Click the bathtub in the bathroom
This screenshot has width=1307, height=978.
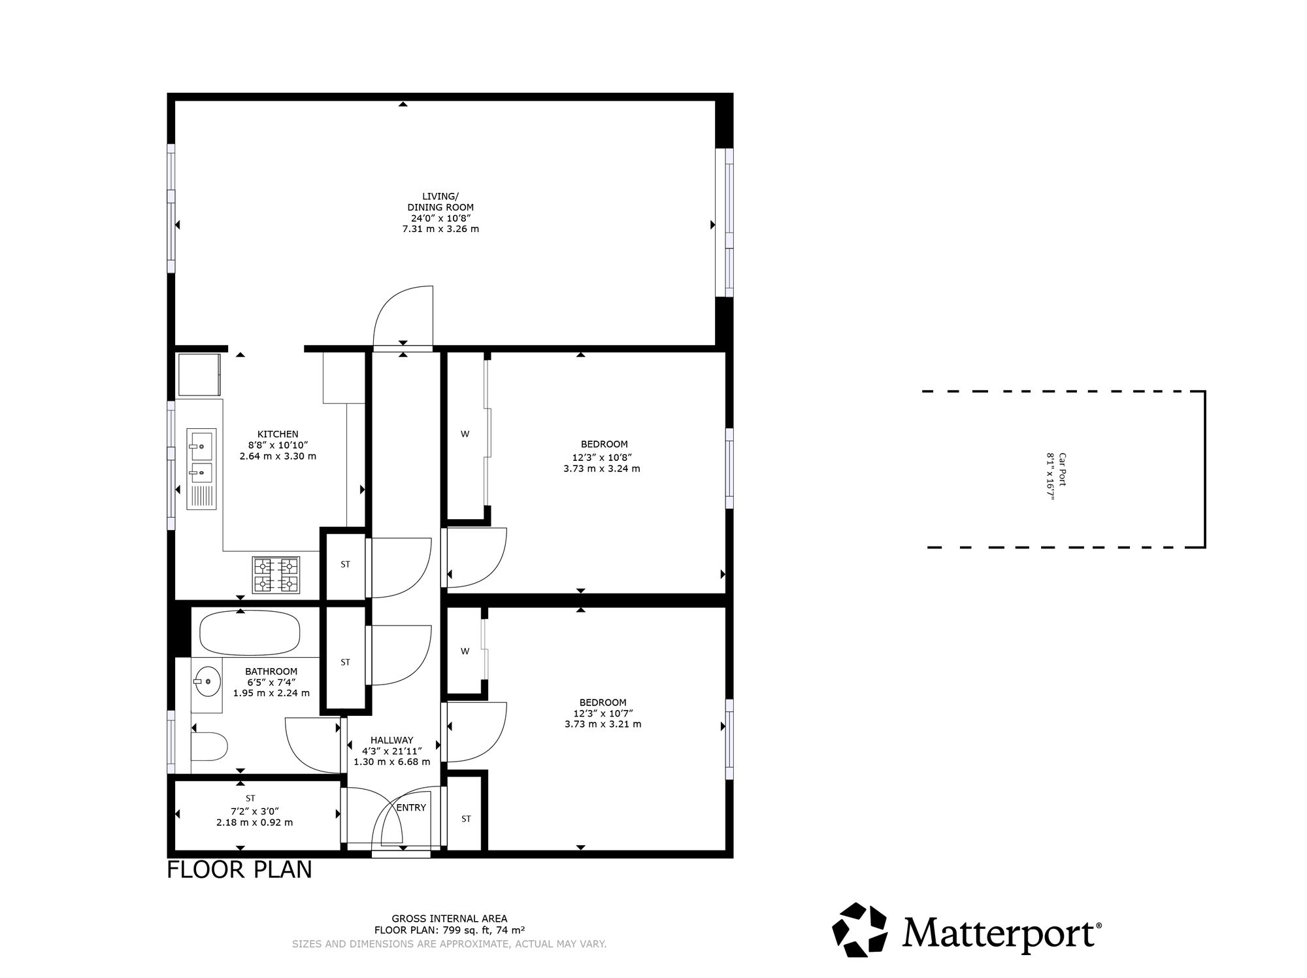(249, 633)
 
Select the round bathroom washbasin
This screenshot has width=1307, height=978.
(207, 682)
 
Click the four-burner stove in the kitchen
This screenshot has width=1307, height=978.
(276, 575)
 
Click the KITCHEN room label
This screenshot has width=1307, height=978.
(278, 434)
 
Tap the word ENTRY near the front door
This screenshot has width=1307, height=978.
(411, 807)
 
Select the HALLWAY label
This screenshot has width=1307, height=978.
(392, 740)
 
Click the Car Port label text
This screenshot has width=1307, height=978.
(1063, 469)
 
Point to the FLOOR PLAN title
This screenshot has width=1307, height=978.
(239, 870)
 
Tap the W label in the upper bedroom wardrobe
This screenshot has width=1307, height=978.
(465, 433)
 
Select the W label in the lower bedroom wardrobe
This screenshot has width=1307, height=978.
(465, 650)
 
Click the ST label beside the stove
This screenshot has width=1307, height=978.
(346, 564)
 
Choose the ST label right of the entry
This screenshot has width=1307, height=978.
(466, 818)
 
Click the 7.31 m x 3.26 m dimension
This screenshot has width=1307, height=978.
(440, 229)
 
